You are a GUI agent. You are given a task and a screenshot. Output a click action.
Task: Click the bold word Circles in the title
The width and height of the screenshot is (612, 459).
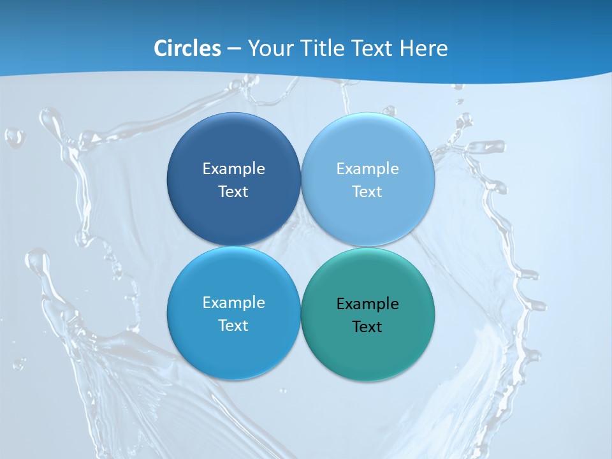point(187,48)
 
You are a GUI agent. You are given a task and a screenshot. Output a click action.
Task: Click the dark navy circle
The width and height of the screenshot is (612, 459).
point(233,140)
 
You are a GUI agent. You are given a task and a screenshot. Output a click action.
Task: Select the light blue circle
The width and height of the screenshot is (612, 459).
point(367,140)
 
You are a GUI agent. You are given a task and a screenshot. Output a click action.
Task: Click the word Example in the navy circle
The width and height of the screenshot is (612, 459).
point(233,169)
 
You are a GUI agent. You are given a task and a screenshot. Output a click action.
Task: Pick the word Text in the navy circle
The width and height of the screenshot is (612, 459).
point(233,192)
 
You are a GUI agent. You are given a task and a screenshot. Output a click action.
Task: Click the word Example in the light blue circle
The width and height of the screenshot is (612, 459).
point(367,169)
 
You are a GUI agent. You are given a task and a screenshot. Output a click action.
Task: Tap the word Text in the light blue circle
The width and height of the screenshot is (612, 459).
point(367,192)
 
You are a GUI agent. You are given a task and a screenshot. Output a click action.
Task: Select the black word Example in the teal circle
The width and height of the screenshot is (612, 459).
point(367,304)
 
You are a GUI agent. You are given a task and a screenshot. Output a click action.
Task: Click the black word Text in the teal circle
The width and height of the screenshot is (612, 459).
point(367,327)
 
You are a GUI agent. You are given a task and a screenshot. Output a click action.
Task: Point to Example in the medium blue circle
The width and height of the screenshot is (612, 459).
point(233,303)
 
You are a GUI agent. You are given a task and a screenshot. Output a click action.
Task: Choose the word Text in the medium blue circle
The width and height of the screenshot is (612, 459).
point(233,326)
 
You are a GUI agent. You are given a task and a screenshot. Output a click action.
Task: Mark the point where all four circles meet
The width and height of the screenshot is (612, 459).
point(300,246)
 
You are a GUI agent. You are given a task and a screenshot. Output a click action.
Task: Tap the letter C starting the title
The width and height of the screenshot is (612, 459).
point(160,48)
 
